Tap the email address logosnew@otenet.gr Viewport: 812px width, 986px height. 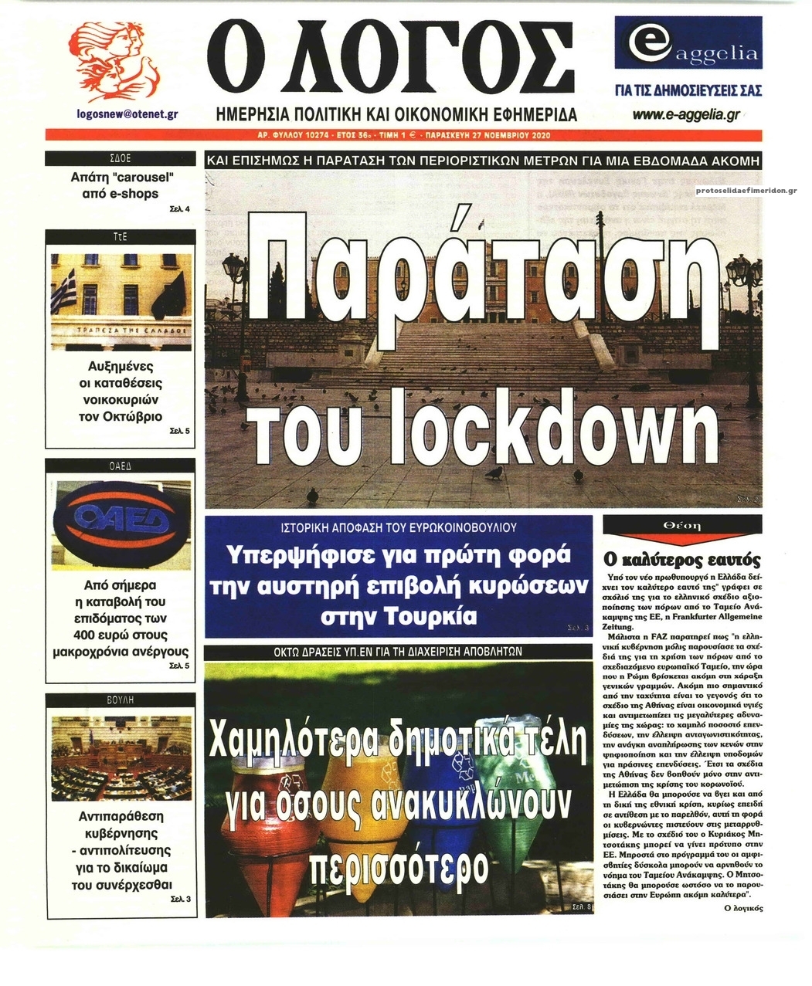pyautogui.click(x=128, y=114)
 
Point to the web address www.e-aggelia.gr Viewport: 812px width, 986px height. pyautogui.click(x=686, y=115)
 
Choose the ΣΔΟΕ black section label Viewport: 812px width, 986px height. pyautogui.click(x=121, y=159)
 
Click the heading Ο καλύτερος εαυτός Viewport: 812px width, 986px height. pyautogui.click(x=681, y=560)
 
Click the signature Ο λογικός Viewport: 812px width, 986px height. pyautogui.click(x=744, y=909)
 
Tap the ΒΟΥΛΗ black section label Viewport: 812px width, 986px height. pyautogui.click(x=121, y=700)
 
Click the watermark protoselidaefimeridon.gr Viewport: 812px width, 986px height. pyautogui.click(x=746, y=190)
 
